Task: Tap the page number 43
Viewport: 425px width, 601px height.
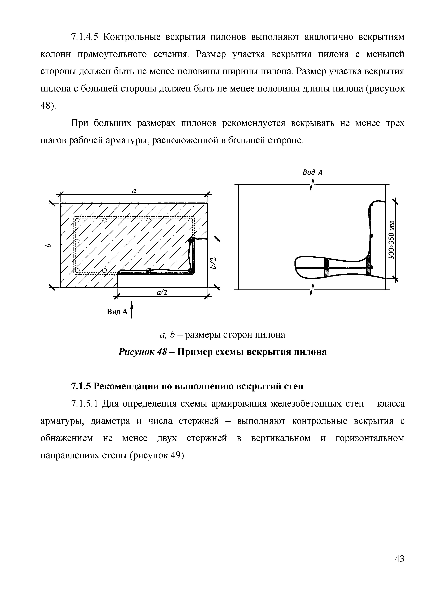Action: (399, 559)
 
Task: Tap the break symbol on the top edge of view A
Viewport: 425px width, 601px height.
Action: (312, 184)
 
